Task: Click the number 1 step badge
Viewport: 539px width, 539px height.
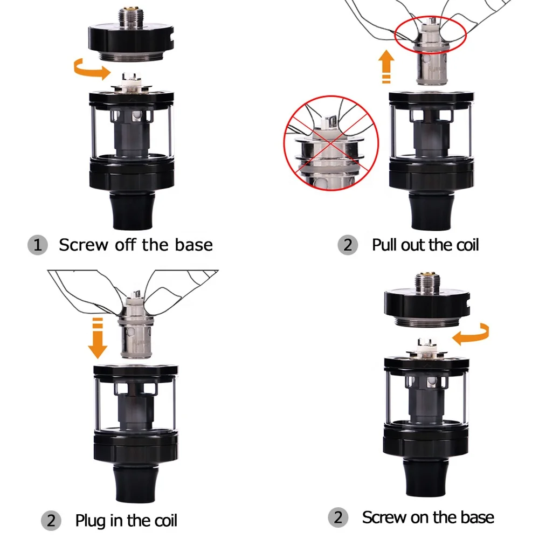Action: click(37, 245)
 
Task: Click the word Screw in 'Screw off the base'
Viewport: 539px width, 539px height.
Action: click(84, 245)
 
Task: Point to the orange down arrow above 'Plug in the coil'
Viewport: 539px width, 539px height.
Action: click(98, 337)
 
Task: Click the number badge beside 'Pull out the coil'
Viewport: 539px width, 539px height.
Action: click(348, 245)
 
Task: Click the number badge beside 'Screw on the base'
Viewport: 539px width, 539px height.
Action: click(338, 517)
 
